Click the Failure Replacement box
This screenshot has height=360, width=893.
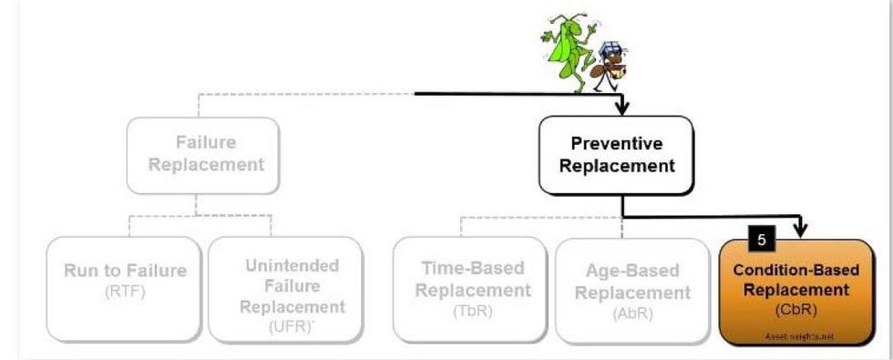(202, 154)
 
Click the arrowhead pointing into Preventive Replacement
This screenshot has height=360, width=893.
(622, 110)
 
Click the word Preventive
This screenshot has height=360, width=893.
(616, 144)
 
